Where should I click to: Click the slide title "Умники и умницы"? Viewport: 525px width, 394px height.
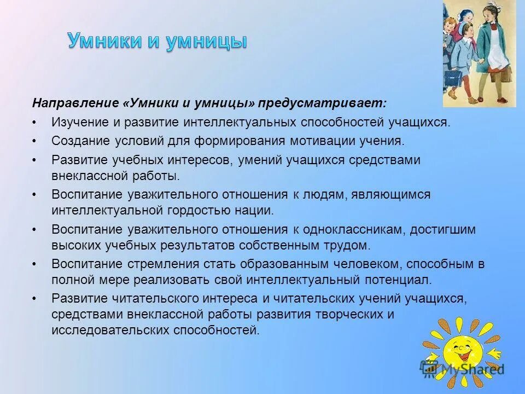click(x=157, y=42)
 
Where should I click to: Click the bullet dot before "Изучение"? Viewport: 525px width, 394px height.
click(x=34, y=122)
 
